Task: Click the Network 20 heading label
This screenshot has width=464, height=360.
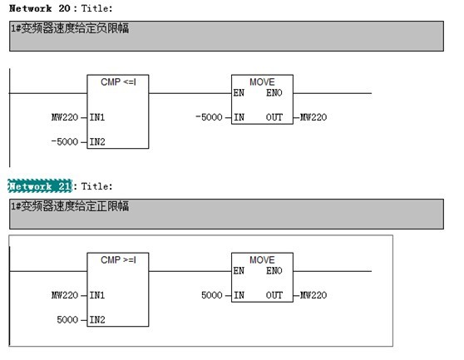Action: pyautogui.click(x=39, y=8)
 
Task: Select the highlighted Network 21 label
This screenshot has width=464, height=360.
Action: pyautogui.click(x=40, y=186)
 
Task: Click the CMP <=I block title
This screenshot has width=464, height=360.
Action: pyautogui.click(x=118, y=82)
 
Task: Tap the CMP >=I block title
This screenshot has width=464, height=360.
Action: pyautogui.click(x=118, y=260)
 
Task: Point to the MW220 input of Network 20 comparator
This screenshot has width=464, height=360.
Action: pyautogui.click(x=65, y=117)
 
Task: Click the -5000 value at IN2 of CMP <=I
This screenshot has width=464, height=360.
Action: pyautogui.click(x=65, y=141)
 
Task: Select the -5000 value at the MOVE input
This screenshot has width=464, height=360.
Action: pyautogui.click(x=209, y=117)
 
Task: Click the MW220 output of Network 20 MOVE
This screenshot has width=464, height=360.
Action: pyautogui.click(x=313, y=117)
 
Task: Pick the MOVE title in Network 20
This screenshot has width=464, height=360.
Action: pyautogui.click(x=262, y=82)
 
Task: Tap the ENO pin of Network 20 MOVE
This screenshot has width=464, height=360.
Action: pyautogui.click(x=274, y=93)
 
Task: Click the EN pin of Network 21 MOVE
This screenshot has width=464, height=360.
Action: pyautogui.click(x=239, y=271)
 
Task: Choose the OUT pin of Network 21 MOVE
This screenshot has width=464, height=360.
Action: pyautogui.click(x=274, y=295)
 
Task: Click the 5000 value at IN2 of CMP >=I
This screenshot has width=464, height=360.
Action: pyautogui.click(x=67, y=320)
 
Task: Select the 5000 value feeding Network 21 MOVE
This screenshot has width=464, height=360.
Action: pyautogui.click(x=212, y=295)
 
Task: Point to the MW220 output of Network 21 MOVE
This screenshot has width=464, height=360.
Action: pyautogui.click(x=313, y=295)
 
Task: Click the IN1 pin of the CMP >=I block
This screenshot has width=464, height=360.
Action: pyautogui.click(x=97, y=295)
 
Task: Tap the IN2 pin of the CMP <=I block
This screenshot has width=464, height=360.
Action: pyautogui.click(x=97, y=142)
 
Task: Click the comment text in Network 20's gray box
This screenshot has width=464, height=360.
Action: pyautogui.click(x=70, y=28)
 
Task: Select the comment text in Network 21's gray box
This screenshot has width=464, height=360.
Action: pyautogui.click(x=70, y=206)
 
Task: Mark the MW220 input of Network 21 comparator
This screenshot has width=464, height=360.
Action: pyautogui.click(x=65, y=295)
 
